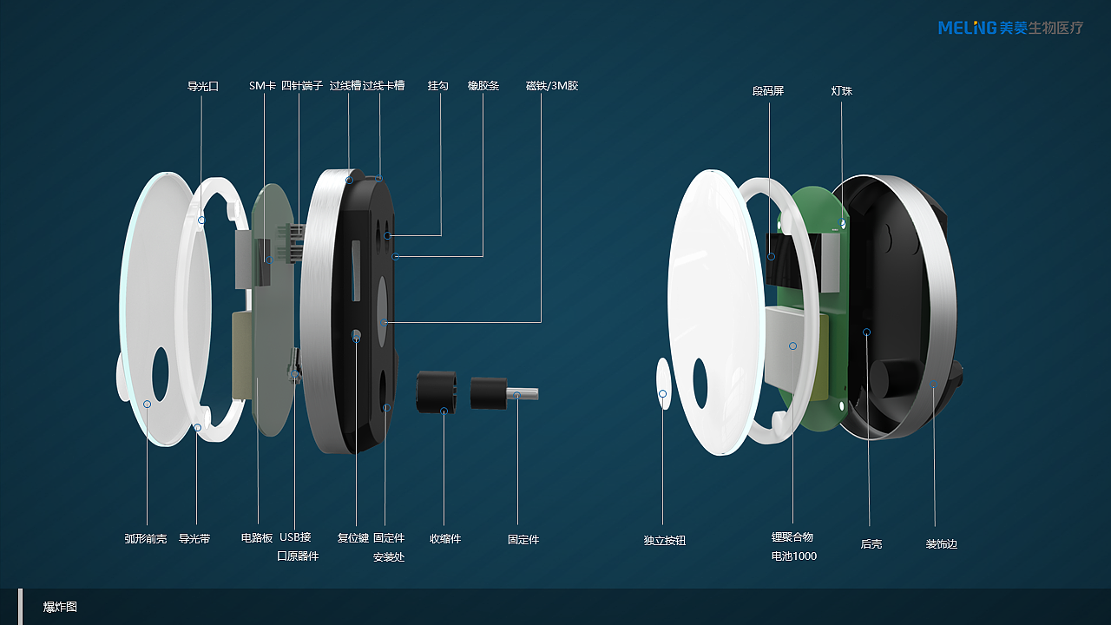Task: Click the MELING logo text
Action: pos(967,28)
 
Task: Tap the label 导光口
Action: pos(203,86)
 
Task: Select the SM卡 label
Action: pos(262,86)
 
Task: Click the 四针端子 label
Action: pos(302,86)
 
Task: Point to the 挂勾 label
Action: pos(438,86)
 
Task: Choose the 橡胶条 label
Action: pos(483,86)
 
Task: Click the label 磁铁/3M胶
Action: pos(552,86)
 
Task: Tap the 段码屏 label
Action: pos(768,91)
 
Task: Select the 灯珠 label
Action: pos(842,91)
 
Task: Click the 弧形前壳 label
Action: pos(145,539)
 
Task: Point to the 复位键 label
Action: pos(353,537)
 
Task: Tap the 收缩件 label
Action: pos(445,539)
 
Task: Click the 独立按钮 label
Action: pos(665,540)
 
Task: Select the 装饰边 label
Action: pos(942,543)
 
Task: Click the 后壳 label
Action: pos(871,543)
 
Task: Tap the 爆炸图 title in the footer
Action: pos(60,607)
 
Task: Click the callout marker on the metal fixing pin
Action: pos(516,395)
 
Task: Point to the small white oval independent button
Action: pos(663,384)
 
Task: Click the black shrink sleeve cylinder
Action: pos(436,391)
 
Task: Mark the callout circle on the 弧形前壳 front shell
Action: pos(147,405)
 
